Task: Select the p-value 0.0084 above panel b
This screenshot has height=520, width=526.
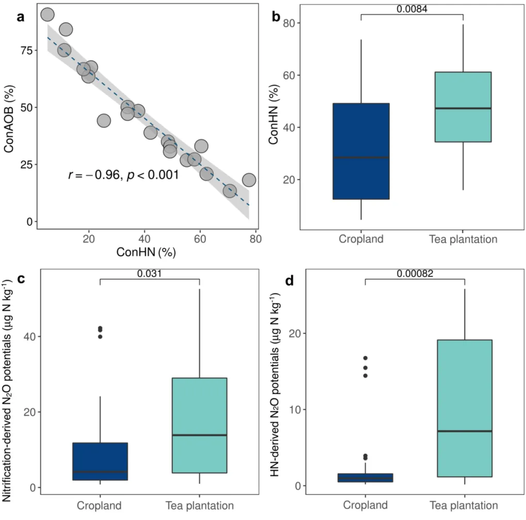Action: (x=412, y=9)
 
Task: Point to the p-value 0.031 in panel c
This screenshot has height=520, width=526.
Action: (x=149, y=273)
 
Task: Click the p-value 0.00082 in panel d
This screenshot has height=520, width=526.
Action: (x=415, y=273)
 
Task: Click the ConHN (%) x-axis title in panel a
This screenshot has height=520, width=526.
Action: (x=147, y=253)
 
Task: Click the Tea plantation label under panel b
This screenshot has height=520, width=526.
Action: (x=463, y=239)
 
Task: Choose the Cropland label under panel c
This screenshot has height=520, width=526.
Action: (x=99, y=505)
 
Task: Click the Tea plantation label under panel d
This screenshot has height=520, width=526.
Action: (x=464, y=505)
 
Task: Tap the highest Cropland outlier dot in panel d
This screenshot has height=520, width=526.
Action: (x=365, y=358)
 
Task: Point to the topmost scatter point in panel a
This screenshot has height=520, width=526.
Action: (x=47, y=14)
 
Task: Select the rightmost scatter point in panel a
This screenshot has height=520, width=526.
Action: (x=249, y=180)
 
